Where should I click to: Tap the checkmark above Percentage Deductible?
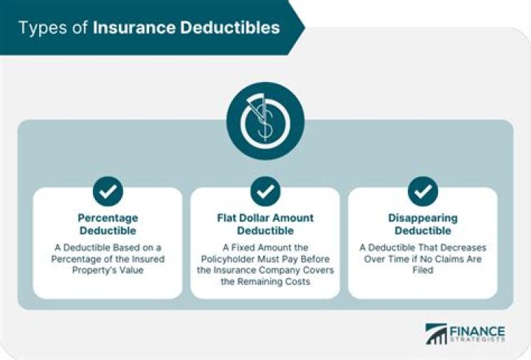pos(108,192)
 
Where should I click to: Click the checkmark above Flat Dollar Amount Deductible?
pos(265,192)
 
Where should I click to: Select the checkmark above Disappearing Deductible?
pos(423,192)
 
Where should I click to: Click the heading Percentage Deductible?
pos(108,224)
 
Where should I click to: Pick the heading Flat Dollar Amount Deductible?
pos(265,224)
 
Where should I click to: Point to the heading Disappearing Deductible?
pos(423,224)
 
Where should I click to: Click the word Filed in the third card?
pos(423,270)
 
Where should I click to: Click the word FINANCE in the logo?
pos(476,331)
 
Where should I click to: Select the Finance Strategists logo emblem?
pos(436,334)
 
